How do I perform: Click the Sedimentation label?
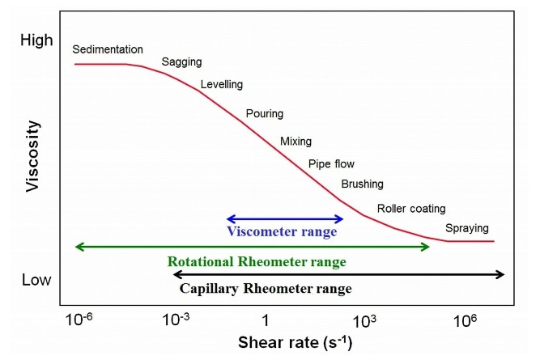(108, 49)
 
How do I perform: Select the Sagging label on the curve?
(182, 62)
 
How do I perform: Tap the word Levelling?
(222, 84)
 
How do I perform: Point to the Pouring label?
(265, 113)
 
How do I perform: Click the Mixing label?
(296, 142)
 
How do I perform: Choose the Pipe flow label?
(331, 164)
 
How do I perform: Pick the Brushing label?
(362, 184)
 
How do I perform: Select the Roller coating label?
(411, 209)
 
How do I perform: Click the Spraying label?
(467, 228)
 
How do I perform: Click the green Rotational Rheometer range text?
(257, 262)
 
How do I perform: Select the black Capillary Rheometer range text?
(265, 288)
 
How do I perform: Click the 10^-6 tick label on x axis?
(79, 319)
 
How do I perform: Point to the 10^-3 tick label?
(176, 319)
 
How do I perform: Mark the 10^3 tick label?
(364, 319)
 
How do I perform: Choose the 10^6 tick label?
(463, 319)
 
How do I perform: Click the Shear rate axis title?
(295, 341)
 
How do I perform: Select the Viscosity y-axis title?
(33, 155)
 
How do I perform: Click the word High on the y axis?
(36, 40)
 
